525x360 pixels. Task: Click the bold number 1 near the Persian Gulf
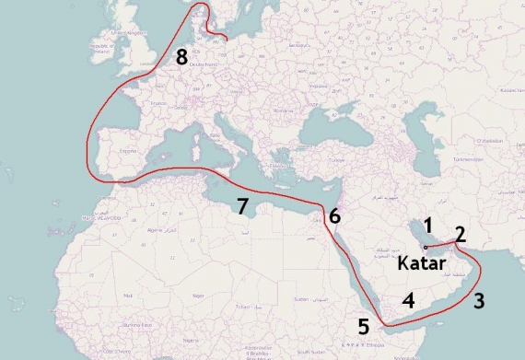[x=427, y=224]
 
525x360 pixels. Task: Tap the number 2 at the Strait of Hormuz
[x=461, y=234]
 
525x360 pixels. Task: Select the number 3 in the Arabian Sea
[x=479, y=300]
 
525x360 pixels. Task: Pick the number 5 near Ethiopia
[x=364, y=325]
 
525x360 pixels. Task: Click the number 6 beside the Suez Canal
[x=334, y=216]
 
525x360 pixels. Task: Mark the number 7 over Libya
[x=242, y=206]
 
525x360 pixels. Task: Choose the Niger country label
[x=197, y=296]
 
